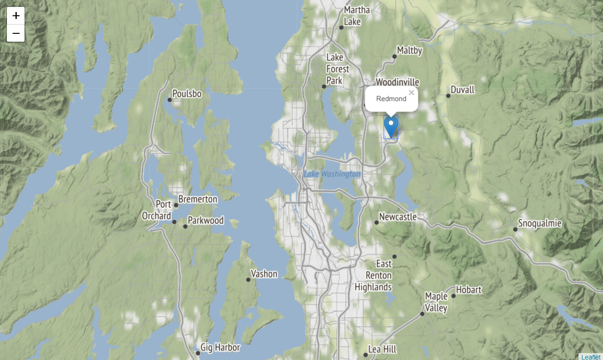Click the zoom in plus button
(16, 16)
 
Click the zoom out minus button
(16, 33)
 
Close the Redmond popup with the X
(411, 93)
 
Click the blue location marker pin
(391, 127)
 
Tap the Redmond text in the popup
(391, 99)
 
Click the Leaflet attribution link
(591, 357)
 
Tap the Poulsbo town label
(187, 94)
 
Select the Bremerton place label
(198, 199)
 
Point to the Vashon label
(264, 274)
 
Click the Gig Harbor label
(221, 348)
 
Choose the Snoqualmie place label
(540, 223)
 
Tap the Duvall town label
(462, 90)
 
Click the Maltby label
(410, 50)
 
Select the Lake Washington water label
(332, 174)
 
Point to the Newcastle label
(398, 217)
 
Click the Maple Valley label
(437, 302)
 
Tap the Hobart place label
(469, 290)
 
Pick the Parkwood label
(206, 221)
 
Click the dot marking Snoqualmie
(515, 229)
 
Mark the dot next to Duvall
(448, 96)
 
